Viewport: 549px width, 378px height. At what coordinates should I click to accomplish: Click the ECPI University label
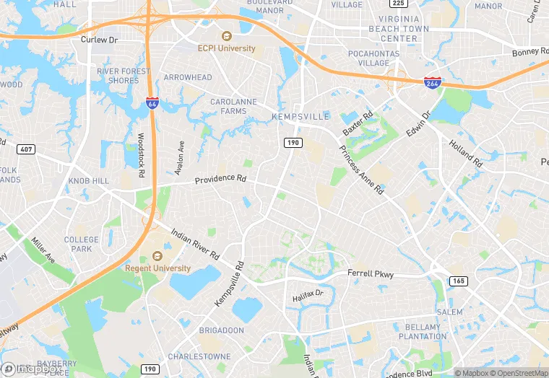(227, 48)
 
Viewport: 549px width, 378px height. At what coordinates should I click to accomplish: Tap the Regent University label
(158, 268)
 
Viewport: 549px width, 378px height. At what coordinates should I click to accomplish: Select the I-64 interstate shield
(152, 103)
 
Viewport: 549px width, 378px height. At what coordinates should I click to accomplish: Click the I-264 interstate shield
(433, 84)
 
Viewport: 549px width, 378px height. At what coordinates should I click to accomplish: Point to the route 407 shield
(25, 149)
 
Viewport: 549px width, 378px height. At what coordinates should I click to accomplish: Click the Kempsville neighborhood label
(300, 116)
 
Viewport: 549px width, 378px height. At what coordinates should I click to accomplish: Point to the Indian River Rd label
(195, 244)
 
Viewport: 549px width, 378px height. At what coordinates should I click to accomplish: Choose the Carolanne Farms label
(233, 107)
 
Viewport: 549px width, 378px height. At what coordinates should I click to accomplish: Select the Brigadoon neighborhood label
(221, 330)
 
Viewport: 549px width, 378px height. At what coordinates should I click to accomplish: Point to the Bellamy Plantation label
(423, 332)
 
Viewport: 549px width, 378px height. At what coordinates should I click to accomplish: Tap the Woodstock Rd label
(141, 156)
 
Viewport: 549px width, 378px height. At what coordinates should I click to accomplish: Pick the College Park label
(82, 244)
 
